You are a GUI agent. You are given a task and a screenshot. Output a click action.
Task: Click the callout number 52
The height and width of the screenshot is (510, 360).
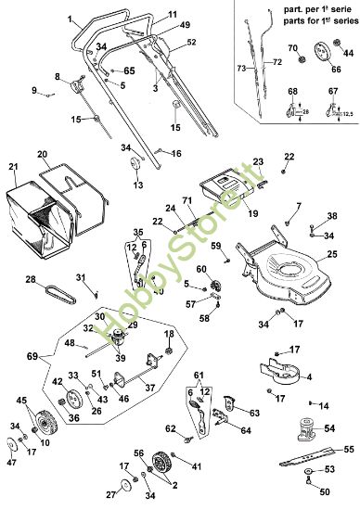tap(191, 43)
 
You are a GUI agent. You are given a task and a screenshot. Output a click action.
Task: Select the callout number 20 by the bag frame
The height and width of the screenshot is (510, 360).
tap(43, 153)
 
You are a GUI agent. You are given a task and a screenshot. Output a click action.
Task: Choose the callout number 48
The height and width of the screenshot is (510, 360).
tap(71, 344)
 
